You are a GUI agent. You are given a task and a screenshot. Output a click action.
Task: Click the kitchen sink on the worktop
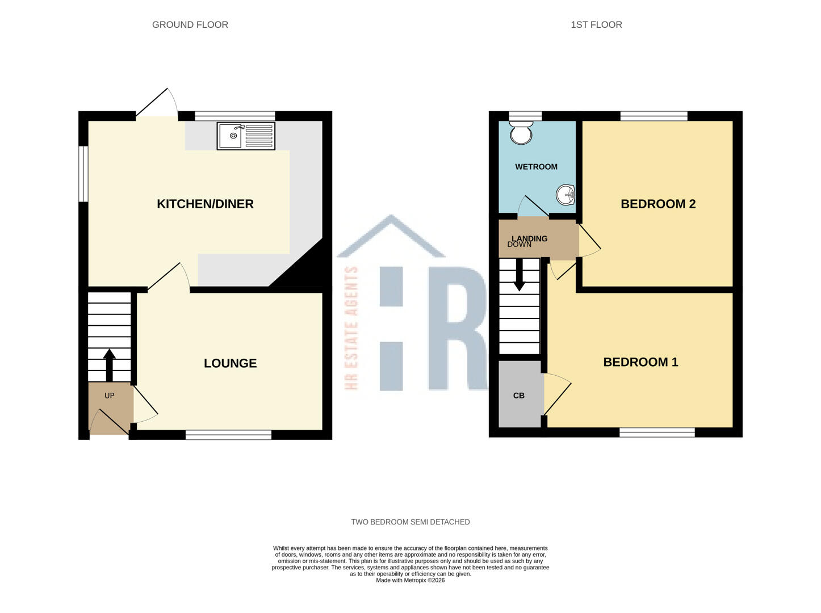[246, 136]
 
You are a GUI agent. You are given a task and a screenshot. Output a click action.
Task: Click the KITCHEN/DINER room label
[205, 204]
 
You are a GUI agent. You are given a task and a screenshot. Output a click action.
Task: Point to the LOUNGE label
[230, 363]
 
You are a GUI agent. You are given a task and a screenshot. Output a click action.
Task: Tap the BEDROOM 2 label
[658, 204]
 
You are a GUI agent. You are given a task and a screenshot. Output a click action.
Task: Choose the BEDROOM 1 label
[640, 362]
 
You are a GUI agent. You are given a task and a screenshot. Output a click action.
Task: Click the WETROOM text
[536, 167]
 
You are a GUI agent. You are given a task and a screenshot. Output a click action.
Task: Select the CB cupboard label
[519, 396]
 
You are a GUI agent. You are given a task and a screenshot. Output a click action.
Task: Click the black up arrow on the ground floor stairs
[109, 365]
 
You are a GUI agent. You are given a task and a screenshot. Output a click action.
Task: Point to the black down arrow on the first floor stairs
[519, 275]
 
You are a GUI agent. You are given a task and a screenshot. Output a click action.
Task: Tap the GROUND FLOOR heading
[190, 24]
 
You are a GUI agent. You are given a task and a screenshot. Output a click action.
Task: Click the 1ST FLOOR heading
[596, 24]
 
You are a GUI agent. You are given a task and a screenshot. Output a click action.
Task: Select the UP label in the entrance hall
[109, 396]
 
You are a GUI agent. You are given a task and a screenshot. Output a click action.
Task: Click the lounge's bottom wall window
[229, 434]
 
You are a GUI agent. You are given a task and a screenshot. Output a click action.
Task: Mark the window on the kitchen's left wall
[83, 174]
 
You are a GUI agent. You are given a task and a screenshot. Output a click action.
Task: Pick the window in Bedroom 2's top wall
[654, 116]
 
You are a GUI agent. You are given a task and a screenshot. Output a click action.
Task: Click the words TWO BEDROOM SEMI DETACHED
[410, 522]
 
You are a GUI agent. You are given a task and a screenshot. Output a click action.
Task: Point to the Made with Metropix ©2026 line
[410, 580]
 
